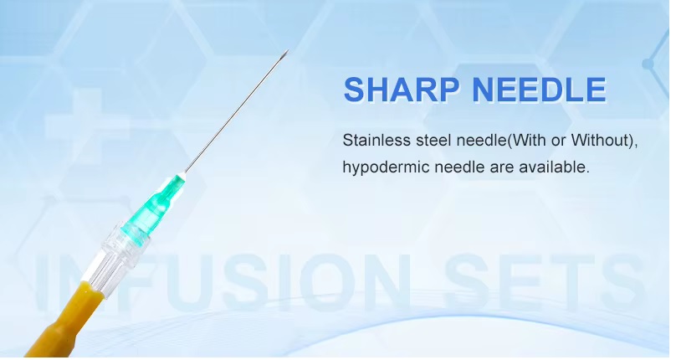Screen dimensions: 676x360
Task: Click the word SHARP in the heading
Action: [401, 90]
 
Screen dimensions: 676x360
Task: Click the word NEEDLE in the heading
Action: [539, 90]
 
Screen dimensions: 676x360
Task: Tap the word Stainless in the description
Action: [376, 141]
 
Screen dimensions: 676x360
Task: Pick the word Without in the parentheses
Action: [601, 141]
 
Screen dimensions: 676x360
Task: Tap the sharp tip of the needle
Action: [288, 50]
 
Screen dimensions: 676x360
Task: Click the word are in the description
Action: [502, 167]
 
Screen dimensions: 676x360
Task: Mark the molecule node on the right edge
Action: [648, 64]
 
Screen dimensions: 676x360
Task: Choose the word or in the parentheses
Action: [558, 141]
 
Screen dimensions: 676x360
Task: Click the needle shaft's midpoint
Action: [237, 111]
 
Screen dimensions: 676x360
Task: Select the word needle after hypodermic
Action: [459, 167]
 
